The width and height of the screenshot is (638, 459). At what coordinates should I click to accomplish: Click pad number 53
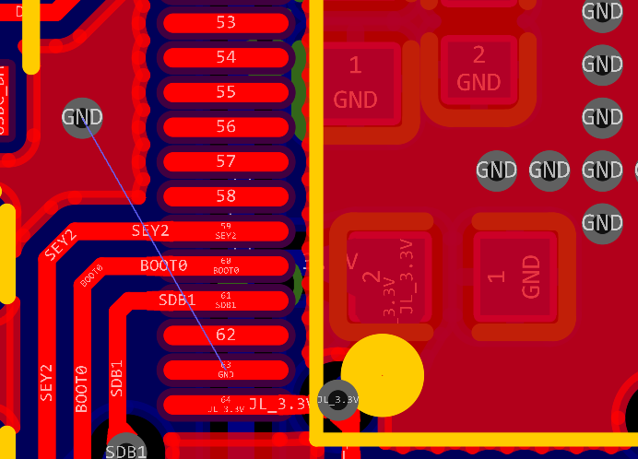coord(226,22)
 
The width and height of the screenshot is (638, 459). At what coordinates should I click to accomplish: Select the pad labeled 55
coord(226,92)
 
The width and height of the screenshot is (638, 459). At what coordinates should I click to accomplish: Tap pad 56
coord(226,126)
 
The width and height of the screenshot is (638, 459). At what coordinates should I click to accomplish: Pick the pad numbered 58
coord(226,195)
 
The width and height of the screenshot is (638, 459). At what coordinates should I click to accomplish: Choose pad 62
coord(226,334)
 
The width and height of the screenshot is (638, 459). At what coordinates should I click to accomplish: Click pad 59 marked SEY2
coord(226,230)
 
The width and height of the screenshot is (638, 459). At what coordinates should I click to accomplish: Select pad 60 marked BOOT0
coord(226,265)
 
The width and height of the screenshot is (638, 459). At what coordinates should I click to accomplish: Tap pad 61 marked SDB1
coord(226,300)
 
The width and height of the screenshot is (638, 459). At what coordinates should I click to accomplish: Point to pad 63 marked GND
coord(226,369)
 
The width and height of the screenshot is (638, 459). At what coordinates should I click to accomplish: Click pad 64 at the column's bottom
coord(226,404)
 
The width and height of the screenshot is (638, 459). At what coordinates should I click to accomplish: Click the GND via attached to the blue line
coord(82,117)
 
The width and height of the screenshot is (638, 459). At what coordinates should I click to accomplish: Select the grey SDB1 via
coord(125,449)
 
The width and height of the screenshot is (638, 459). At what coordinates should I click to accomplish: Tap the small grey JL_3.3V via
coord(337,399)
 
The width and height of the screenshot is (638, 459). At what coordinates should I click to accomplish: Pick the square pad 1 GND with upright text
coord(356,82)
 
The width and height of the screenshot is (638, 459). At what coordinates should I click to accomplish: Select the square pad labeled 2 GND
coord(478,68)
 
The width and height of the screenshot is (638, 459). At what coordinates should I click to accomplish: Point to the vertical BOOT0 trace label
coord(81,387)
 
